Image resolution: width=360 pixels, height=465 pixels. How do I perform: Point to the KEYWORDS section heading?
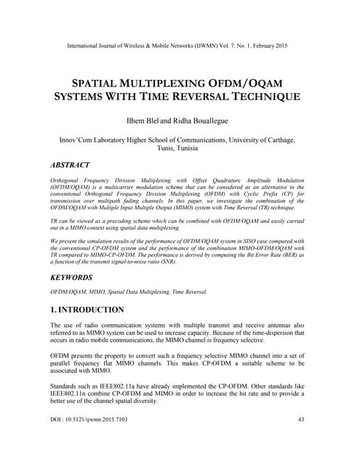pyautogui.click(x=72, y=278)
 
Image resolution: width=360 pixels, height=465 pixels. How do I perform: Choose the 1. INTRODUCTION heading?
pyautogui.click(x=87, y=310)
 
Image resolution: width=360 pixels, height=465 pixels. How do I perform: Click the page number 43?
pyautogui.click(x=301, y=440)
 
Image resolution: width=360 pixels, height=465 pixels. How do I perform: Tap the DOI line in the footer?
pyautogui.click(x=87, y=440)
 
